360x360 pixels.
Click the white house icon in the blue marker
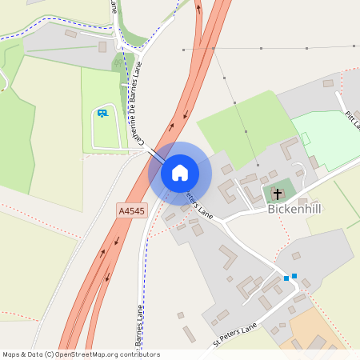[x=180, y=173]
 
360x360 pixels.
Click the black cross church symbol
[x=278, y=194]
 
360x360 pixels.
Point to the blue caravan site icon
[x=102, y=113]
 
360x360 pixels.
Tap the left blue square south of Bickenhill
[x=286, y=278]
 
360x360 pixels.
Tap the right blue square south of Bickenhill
[x=294, y=276]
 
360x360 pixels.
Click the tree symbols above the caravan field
[x=120, y=60]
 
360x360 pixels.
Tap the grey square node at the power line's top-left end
[x=183, y=50]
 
